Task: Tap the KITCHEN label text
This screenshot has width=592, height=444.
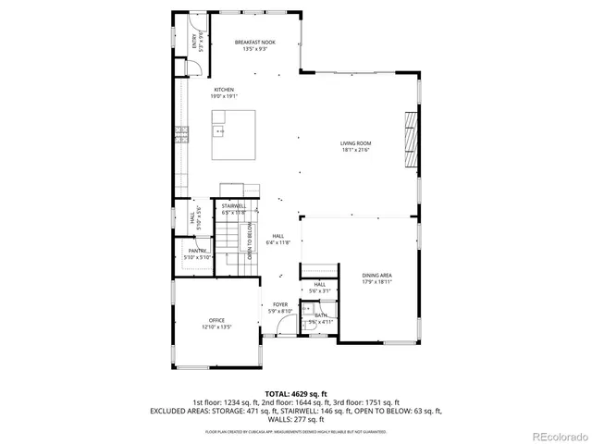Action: [212, 90]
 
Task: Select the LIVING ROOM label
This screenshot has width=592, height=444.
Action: [355, 143]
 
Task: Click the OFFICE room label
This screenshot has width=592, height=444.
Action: [216, 320]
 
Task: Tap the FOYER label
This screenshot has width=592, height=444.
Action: [279, 304]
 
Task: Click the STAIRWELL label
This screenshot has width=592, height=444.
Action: [233, 205]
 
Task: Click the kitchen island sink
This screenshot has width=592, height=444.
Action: [219, 132]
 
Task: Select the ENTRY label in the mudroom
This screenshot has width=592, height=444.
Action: [195, 41]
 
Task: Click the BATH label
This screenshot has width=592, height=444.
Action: [320, 315]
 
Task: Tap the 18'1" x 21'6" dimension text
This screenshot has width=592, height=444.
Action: [355, 150]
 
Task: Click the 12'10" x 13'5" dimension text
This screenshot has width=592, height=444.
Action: [216, 327]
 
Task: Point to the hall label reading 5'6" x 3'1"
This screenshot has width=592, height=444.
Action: [320, 290]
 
